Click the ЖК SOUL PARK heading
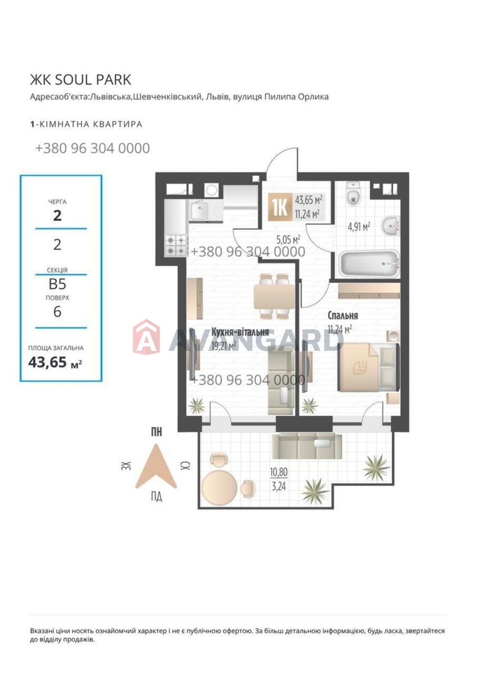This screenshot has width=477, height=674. tap(81, 80)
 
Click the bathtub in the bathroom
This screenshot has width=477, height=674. tap(369, 263)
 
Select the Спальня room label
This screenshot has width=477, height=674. tap(342, 316)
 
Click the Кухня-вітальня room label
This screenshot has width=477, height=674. tap(240, 332)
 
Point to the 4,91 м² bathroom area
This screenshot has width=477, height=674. tap(359, 227)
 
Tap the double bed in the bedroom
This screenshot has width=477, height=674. tap(369, 367)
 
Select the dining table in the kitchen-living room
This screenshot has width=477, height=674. tap(274, 297)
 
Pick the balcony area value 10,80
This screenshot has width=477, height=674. tap(278, 472)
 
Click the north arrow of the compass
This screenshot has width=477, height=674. tap(156, 466)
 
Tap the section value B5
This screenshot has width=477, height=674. tap(57, 284)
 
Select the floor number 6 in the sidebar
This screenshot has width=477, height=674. tap(57, 311)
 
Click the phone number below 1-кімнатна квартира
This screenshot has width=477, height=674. tap(92, 148)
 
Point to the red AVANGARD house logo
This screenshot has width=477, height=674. tap(146, 337)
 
